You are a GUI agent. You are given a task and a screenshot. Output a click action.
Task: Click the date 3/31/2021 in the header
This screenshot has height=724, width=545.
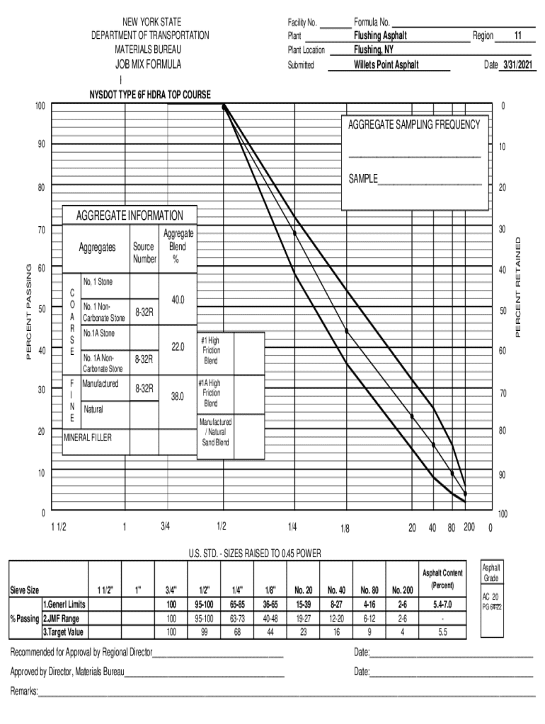coord(517,65)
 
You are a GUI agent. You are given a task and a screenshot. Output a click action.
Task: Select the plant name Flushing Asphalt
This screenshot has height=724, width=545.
coord(381,35)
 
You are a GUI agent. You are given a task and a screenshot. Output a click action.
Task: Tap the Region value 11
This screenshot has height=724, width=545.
coord(518,35)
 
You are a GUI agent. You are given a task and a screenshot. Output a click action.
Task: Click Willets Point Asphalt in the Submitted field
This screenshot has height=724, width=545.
coord(386,65)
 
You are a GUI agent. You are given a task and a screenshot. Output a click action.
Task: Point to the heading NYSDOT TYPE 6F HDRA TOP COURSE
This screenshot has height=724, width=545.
coord(150,95)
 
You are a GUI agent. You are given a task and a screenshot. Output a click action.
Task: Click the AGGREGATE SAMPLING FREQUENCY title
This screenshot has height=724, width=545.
coord(414,125)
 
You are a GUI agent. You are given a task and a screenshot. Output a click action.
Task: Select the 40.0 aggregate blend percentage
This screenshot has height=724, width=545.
coord(177,300)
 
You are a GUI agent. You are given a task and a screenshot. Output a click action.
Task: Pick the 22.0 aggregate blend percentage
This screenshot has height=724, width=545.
coord(177,346)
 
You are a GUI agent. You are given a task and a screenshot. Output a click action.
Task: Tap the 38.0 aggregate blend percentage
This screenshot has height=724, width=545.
coord(177,397)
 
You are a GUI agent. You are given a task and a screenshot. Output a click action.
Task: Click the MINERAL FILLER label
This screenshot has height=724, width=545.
coord(88,437)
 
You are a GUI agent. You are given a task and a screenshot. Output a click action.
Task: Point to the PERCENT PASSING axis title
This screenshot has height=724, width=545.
coord(30,312)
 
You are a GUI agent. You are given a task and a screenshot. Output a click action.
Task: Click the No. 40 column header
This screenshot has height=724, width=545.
coord(336,589)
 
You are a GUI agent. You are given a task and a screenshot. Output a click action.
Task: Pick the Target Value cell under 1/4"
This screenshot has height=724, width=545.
coord(237,631)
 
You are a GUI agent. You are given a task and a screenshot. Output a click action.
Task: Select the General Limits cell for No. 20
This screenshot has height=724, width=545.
coord(303,605)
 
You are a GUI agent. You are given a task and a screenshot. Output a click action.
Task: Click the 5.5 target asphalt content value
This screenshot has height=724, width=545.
coord(442,631)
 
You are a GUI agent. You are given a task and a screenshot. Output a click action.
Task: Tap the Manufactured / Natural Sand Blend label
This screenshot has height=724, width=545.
coord(215,432)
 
